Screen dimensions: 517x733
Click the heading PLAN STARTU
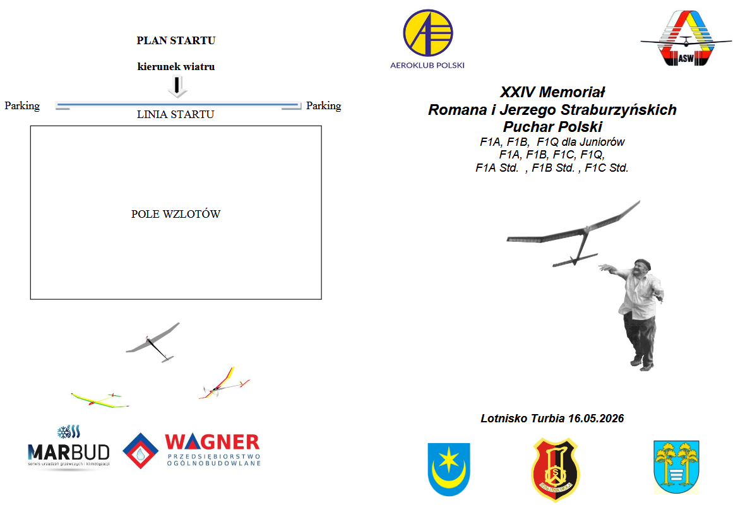tap(176, 40)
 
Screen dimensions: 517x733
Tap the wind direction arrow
tap(177, 85)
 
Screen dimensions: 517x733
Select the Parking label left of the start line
tap(22, 105)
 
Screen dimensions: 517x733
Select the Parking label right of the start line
tap(323, 105)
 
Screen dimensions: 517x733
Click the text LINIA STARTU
tap(176, 114)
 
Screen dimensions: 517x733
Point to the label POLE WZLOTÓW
tap(176, 214)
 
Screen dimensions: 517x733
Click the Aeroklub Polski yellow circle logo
tap(427, 33)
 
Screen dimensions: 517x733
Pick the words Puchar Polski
tap(552, 126)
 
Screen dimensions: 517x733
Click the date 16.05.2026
tap(595, 418)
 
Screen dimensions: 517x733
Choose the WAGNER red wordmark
tap(212, 441)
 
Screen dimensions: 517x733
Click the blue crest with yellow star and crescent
tap(448, 468)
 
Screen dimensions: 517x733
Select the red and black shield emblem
tap(555, 469)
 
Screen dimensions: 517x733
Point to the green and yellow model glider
tap(98, 400)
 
